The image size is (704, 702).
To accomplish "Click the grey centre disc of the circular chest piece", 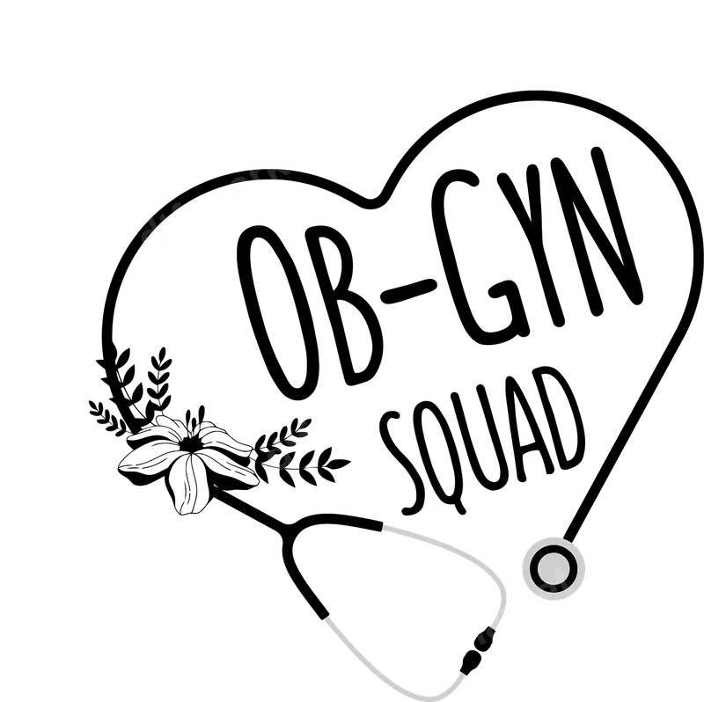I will tap(554, 568).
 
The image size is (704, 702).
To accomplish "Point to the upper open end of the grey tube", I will tap(386, 527).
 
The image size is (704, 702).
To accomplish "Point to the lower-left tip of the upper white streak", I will tap(145, 246).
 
